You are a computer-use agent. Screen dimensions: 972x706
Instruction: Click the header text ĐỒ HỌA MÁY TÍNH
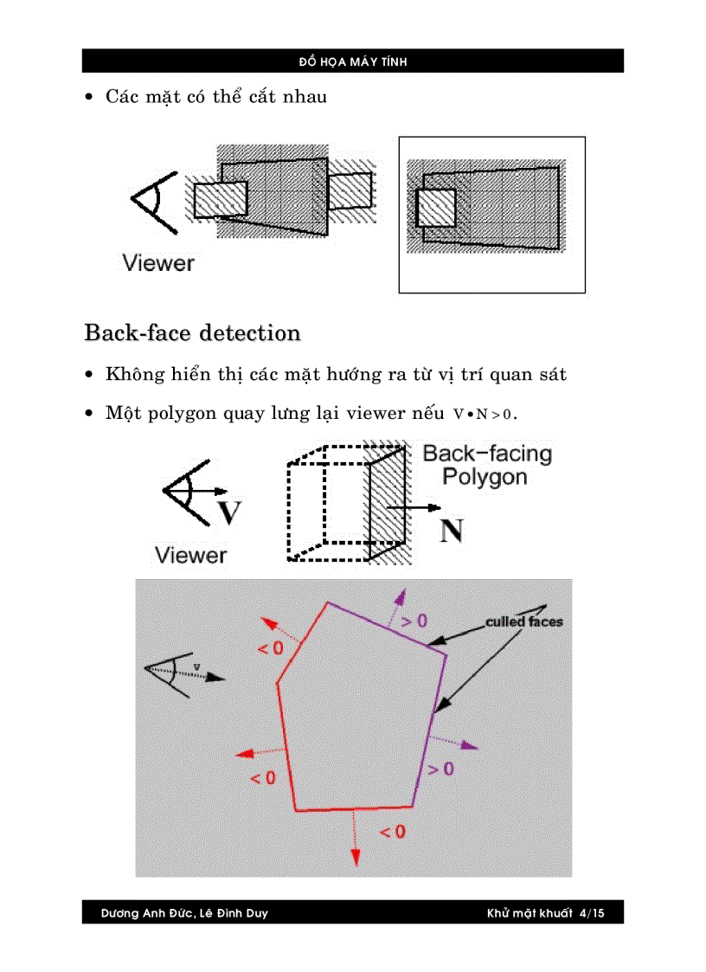point(353,61)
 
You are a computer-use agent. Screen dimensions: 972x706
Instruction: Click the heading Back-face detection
point(192,333)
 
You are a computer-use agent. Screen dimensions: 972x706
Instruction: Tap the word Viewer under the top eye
point(158,263)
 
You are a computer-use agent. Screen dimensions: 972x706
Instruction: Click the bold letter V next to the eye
point(228,512)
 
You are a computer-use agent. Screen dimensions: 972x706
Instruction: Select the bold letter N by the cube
point(451,530)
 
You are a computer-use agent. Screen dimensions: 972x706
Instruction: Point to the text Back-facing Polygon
point(485,466)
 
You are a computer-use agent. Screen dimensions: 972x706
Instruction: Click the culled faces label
point(523,621)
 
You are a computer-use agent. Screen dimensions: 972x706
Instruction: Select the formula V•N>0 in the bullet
point(484,414)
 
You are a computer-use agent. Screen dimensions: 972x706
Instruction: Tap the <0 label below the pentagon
point(393,832)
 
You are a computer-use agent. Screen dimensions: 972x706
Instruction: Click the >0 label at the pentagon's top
point(414,621)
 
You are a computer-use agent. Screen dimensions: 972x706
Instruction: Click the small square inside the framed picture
point(436,209)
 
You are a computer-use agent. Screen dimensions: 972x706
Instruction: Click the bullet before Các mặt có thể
point(89,98)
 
